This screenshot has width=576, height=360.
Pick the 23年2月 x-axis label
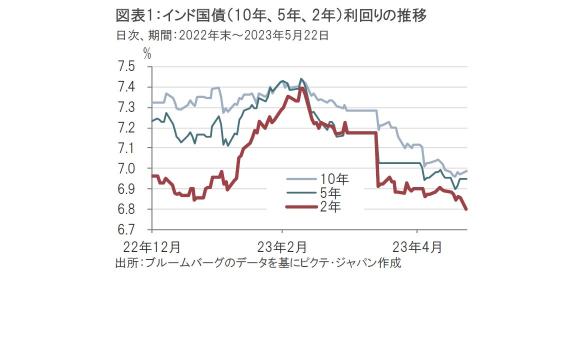281,247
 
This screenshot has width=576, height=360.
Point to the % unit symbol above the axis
147,53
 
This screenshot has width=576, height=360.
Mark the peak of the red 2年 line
301,88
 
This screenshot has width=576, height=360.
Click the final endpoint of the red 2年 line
466,209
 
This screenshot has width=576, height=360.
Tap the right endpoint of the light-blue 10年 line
466,170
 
